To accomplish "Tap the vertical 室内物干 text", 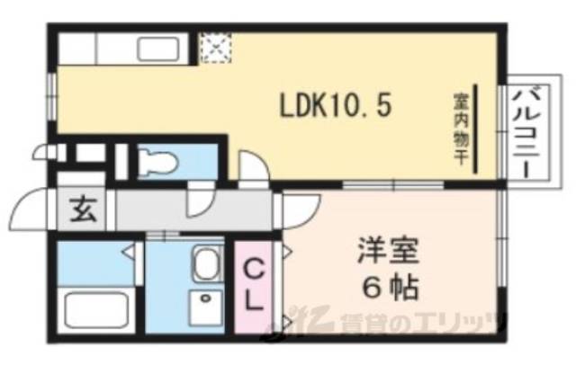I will coord(458,129).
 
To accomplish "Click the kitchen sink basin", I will coord(160,47).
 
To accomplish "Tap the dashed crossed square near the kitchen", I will coord(214,47).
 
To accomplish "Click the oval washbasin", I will coord(208,264).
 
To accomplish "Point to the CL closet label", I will coord(256,282).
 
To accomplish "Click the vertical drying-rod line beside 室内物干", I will coord(477,129).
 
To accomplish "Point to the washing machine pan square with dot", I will coord(208,305).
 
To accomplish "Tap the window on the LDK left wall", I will coord(51,94).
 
